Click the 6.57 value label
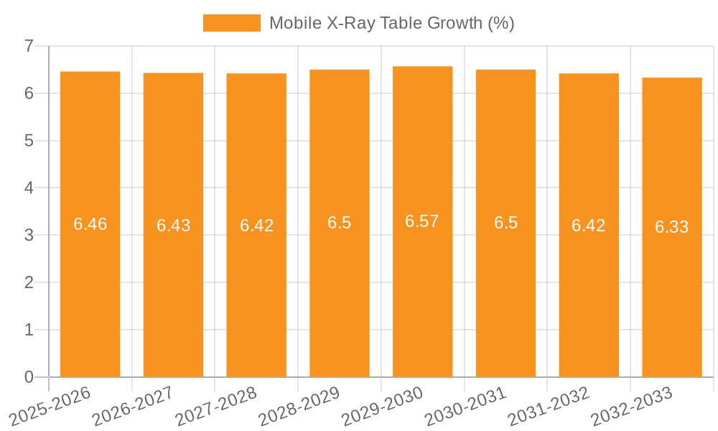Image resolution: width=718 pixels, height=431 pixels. pyautogui.click(x=422, y=221)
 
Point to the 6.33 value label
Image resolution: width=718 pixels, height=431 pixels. pyautogui.click(x=672, y=227)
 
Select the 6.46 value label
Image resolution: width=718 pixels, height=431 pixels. pyautogui.click(x=90, y=224)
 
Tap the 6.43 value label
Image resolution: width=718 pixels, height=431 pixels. pyautogui.click(x=173, y=226)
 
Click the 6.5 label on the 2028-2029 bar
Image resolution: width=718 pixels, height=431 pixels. pyautogui.click(x=340, y=223)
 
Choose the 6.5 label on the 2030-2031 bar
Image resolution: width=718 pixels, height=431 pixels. pyautogui.click(x=505, y=223)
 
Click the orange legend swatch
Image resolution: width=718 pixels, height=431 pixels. pyautogui.click(x=231, y=23)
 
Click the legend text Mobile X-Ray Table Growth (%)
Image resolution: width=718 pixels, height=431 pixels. pyautogui.click(x=392, y=23)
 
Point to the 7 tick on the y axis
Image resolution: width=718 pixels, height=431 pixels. pyautogui.click(x=29, y=46)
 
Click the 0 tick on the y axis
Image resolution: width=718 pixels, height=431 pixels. pyautogui.click(x=29, y=377)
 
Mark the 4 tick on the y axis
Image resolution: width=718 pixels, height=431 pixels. pyautogui.click(x=29, y=188)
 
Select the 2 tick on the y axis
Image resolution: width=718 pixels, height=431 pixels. pyautogui.click(x=29, y=282)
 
